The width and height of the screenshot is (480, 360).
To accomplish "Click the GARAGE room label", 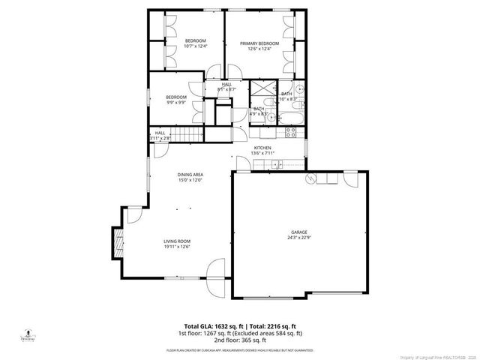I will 298,232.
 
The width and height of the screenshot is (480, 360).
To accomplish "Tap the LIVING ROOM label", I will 177,241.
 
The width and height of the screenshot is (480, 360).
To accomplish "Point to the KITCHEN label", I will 262,148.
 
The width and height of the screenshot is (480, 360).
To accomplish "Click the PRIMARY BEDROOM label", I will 259,43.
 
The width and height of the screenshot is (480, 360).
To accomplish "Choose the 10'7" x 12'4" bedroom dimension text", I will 195,46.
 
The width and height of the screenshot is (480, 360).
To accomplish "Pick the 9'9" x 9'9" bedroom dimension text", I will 175,102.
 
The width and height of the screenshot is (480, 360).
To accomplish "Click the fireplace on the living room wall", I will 116,243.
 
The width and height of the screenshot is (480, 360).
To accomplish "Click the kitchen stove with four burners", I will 291,133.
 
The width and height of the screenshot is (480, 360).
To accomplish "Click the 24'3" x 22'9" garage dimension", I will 298,238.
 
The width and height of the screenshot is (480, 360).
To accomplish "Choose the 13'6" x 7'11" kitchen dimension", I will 262,153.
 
